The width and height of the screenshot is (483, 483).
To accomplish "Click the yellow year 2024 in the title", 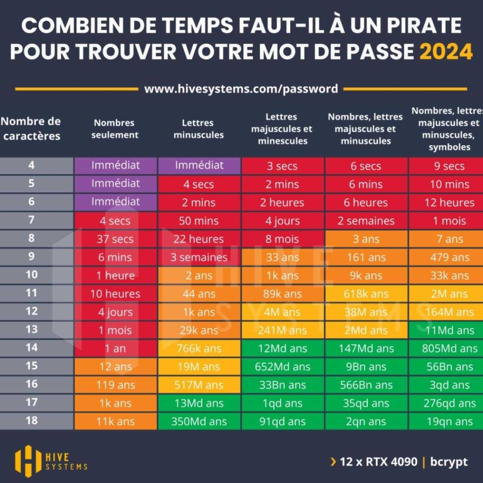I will [x=446, y=51].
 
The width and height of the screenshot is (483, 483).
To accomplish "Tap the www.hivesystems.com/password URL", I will [x=241, y=89].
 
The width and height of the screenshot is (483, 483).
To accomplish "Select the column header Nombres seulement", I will [x=115, y=129].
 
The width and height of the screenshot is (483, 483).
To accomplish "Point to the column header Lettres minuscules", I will [x=198, y=129].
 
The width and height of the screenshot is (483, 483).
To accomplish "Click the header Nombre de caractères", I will [x=31, y=129].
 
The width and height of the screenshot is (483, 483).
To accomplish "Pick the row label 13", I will [x=32, y=329].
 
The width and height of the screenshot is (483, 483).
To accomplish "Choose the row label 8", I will [x=32, y=238].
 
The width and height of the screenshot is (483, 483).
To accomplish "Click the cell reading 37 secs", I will [x=115, y=239].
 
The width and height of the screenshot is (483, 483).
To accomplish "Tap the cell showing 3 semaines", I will [x=199, y=258].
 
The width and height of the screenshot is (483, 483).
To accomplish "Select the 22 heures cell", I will [x=199, y=239].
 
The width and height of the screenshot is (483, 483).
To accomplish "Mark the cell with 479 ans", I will [x=449, y=258].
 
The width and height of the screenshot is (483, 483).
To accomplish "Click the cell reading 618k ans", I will [x=366, y=294].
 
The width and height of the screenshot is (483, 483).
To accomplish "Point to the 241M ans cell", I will [x=283, y=331].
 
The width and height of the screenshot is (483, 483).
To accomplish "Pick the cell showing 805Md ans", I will [x=449, y=349].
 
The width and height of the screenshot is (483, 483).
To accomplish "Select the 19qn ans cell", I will [x=449, y=422].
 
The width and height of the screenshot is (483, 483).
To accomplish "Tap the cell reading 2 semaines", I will [x=366, y=221].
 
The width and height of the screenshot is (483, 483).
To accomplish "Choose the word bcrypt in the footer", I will [x=449, y=462].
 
